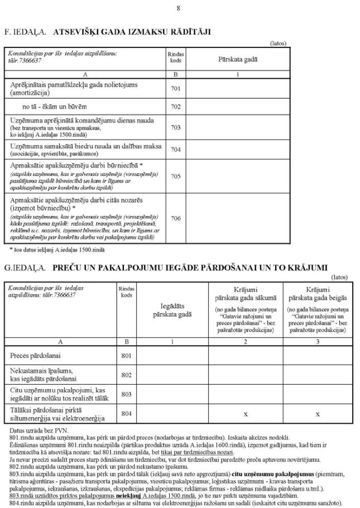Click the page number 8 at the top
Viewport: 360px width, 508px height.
coord(179,8)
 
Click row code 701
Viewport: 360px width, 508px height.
coord(176,88)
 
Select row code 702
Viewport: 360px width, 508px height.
coord(176,107)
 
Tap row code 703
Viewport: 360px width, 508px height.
coord(176,127)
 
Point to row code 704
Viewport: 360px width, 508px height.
coord(176,149)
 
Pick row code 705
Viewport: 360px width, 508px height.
coord(176,176)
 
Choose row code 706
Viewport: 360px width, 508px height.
coord(176,218)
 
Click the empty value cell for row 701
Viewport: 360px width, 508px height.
coord(238,88)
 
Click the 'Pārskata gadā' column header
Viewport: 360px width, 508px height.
coord(238,59)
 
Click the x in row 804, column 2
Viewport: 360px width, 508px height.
coord(246,414)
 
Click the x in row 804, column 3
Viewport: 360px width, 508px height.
coord(318,414)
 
